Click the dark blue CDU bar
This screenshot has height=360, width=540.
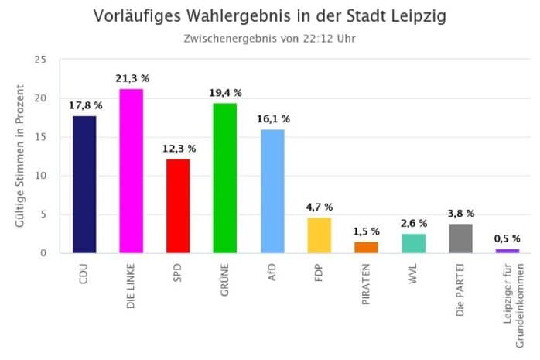[x=84, y=184]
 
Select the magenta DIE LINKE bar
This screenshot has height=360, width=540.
[x=131, y=171]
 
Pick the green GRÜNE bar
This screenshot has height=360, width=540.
[x=225, y=178]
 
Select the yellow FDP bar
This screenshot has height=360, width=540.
[x=320, y=235]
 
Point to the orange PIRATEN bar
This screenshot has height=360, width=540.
[x=366, y=247]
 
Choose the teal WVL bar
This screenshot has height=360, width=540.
[x=413, y=243]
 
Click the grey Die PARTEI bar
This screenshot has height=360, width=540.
[x=460, y=238]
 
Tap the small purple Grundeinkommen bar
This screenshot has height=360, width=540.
[x=508, y=251]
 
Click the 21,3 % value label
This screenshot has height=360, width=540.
[x=132, y=79]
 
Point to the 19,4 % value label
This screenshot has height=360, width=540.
[x=225, y=94]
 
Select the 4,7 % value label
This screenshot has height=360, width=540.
[x=320, y=207]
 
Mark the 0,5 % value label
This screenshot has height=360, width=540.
[x=508, y=239]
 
